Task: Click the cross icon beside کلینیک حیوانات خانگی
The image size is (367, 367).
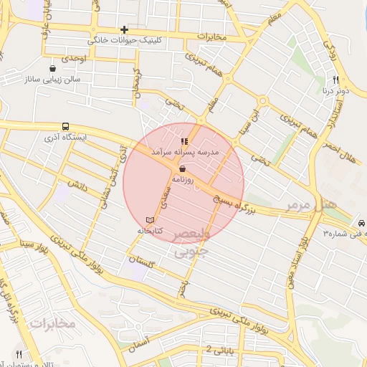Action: pos(125,29)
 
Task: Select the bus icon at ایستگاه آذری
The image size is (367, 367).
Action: pos(66,125)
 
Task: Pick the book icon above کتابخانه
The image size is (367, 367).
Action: pos(150,219)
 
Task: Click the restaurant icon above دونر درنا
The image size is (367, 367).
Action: pos(335,80)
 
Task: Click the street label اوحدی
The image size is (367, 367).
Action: pos(74,57)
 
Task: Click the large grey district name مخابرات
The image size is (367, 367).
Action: pos(53,324)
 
